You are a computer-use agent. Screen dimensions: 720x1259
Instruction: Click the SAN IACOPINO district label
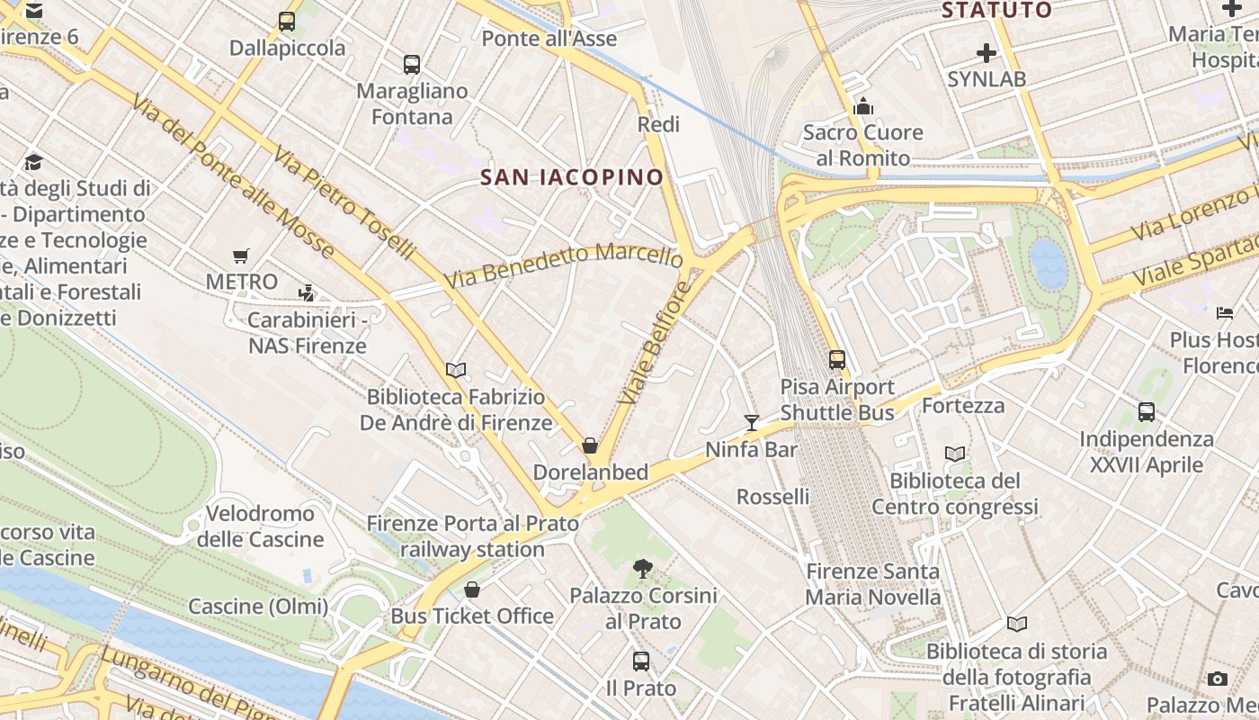(572, 176)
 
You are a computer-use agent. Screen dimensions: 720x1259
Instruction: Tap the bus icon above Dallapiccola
(287, 21)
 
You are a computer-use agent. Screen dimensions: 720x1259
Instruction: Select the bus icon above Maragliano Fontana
(412, 64)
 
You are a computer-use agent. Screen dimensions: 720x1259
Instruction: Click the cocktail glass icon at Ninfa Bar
(752, 422)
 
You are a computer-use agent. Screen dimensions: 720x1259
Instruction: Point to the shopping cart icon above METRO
(240, 256)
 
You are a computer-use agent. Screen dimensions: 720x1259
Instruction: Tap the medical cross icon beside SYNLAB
(987, 53)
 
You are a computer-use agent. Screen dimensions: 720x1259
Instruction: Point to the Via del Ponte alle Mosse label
(232, 176)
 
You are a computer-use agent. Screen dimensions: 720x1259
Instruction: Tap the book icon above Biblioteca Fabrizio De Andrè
(456, 370)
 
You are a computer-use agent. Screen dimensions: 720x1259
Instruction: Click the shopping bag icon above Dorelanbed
(590, 445)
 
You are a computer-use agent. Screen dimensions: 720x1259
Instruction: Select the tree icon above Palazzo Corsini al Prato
(643, 568)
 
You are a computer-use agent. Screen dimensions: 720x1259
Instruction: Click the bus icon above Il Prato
(641, 661)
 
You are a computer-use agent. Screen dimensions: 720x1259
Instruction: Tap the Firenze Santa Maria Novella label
(872, 583)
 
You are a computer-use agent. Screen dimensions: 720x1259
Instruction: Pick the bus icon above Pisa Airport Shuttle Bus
(837, 360)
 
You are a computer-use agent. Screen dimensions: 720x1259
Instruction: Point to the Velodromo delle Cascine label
(260, 526)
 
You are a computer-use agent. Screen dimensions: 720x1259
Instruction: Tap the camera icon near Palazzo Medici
(1218, 679)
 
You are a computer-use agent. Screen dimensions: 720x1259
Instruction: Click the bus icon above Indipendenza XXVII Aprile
(1147, 412)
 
